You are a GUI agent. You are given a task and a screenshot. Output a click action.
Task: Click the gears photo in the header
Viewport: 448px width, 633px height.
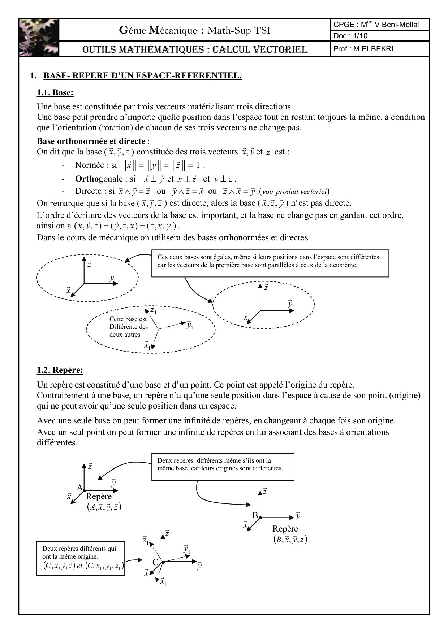coord(39,37)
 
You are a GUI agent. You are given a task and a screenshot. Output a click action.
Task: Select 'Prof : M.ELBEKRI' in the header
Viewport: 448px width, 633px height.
coord(363,49)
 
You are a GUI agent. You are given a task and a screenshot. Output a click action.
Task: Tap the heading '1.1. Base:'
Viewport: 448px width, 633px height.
coord(55,93)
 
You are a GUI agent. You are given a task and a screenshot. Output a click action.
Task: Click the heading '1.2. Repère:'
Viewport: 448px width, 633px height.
coord(60,370)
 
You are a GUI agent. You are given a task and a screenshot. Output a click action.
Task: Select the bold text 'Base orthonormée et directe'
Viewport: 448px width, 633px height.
coord(91,141)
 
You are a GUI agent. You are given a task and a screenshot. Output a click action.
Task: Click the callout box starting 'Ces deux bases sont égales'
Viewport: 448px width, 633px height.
coord(270,263)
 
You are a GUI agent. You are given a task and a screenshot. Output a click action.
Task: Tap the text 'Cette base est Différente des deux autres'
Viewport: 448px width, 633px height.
coord(128,327)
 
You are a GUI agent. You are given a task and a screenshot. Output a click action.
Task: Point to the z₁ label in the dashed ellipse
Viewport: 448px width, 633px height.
coord(154,310)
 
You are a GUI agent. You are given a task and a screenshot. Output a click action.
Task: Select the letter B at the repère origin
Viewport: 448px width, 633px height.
coord(255,515)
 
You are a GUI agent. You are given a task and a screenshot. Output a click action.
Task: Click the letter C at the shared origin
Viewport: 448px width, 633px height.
coord(155,562)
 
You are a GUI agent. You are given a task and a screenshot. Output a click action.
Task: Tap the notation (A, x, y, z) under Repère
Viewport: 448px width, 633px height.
coord(104,507)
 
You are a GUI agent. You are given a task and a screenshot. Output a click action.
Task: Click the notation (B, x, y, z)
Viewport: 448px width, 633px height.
coord(290,540)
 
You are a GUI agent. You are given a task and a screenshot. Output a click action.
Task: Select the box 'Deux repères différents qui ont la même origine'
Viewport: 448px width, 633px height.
coord(81,558)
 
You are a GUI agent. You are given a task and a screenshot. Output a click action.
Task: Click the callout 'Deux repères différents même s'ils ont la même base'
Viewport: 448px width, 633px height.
coord(223,466)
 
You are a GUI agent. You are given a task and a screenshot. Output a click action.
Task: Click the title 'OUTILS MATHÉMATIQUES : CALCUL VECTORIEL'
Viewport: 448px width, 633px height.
coord(195,49)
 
